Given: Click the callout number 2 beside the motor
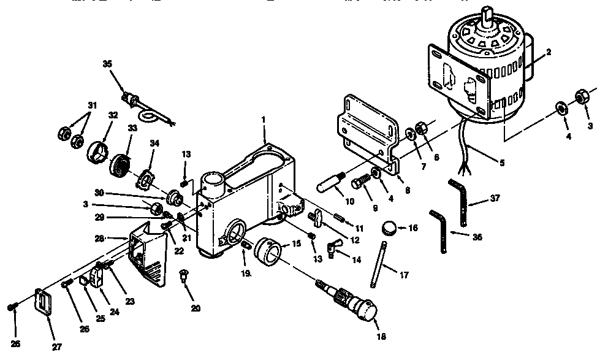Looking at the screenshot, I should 549,52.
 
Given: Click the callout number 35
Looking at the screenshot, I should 108,63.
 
